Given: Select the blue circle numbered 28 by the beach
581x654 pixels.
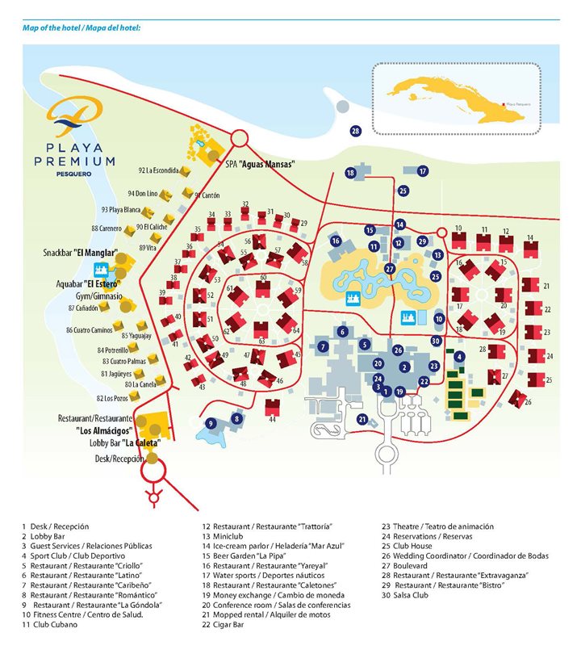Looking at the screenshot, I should pos(355,130).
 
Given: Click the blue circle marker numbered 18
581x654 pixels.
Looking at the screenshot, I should pos(350,173).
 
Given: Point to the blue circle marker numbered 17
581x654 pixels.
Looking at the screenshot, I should pos(422,171).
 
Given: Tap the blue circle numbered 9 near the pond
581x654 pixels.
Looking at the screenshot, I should pos(211,422).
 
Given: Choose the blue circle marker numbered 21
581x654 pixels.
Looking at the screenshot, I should pos(363,419).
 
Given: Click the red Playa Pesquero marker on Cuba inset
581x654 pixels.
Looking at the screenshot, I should pos(504,103).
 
